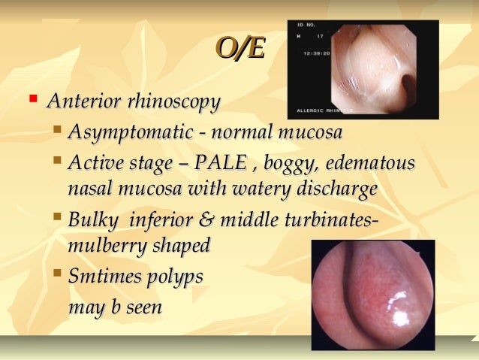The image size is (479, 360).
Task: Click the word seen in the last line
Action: (143, 307)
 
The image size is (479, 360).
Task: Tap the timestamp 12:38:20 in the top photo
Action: (318, 53)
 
